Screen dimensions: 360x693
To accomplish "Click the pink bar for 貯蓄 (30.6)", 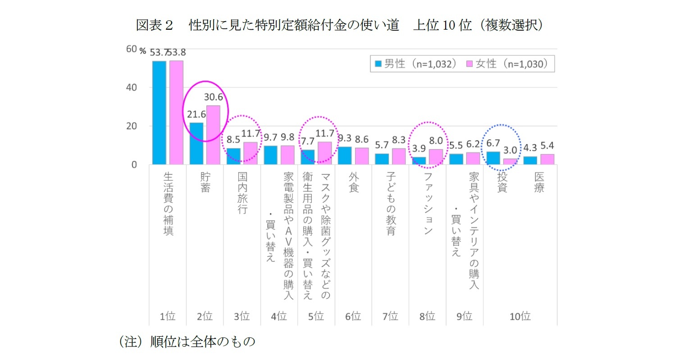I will coord(213,135).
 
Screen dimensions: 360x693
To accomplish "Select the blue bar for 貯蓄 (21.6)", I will coord(196,144).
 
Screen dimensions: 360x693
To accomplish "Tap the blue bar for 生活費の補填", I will coord(159,113).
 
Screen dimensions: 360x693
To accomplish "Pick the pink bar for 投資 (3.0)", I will coord(510,162).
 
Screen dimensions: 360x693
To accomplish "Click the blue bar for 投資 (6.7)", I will coord(493,158).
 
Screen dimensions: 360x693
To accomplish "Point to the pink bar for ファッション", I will coord(436,157).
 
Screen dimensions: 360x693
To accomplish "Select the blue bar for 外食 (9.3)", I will coord(344,156).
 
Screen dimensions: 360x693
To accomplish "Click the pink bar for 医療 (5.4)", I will coord(547,159).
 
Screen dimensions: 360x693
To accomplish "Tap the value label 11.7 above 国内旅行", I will coord(251,134).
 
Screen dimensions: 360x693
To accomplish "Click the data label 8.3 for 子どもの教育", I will coord(399,141).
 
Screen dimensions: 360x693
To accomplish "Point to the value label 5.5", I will coord(456,146).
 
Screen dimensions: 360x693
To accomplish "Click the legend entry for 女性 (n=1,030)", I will coord(507,64).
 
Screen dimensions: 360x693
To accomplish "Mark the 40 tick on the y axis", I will coord(131,87).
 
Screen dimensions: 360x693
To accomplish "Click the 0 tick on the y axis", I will coord(134,165).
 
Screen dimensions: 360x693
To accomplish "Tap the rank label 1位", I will coord(167,316).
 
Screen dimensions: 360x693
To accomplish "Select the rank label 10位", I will coord(520,316).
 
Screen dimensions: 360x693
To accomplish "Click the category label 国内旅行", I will coord(242,193).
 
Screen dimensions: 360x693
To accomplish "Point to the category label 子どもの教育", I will coord(391,204).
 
